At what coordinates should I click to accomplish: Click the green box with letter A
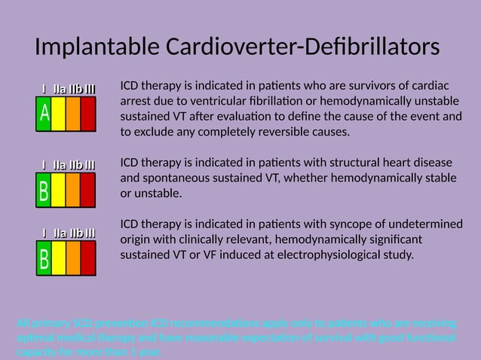point(44,114)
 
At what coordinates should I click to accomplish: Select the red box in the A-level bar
point(88,114)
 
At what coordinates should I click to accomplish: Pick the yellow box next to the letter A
point(59,114)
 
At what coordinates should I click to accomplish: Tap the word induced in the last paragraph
point(221,255)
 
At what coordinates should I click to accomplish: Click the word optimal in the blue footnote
point(34,337)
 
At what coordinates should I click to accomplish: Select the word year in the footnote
point(149,352)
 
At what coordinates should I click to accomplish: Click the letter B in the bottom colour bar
point(44,260)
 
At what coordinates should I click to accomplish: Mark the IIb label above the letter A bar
point(75,90)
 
